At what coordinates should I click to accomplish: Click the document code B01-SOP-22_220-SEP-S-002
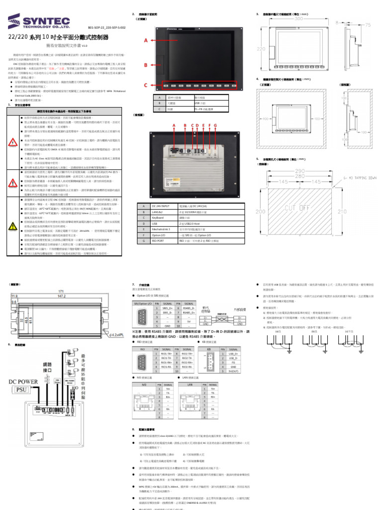(x=106, y=28)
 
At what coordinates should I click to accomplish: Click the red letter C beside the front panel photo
(x=146, y=86)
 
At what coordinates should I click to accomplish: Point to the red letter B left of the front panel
(x=146, y=65)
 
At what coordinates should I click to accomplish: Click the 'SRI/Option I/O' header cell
(x=143, y=303)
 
